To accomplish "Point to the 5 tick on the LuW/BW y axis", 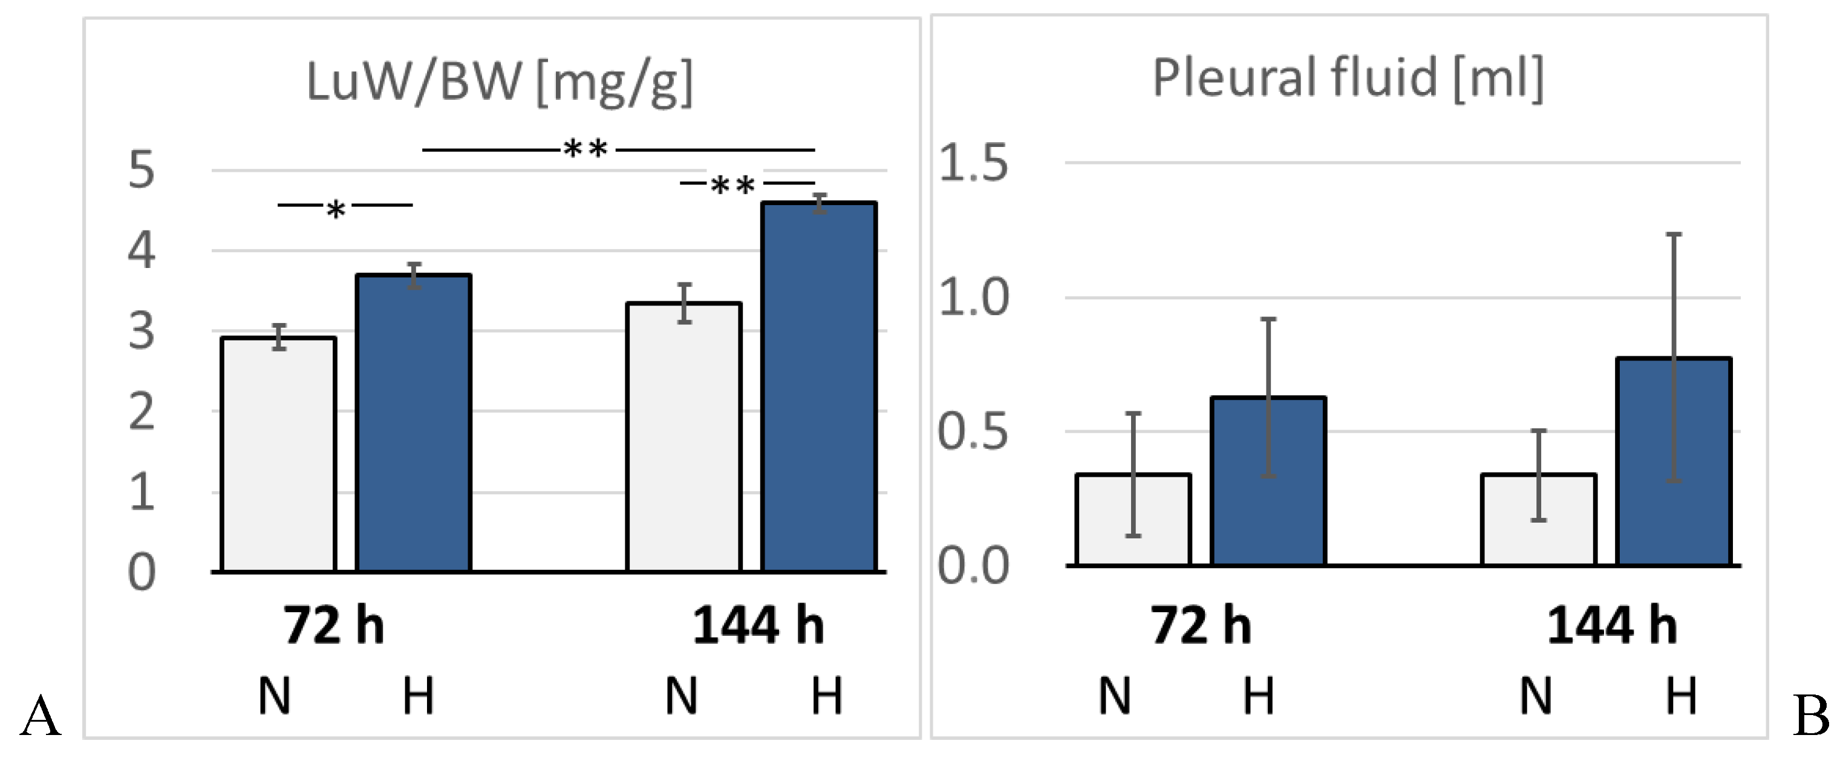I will pyautogui.click(x=142, y=171).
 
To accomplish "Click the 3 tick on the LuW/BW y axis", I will pyautogui.click(x=142, y=332).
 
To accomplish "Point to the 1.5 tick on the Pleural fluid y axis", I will pyautogui.click(x=973, y=163).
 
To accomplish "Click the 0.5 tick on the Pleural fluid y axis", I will pyautogui.click(x=973, y=433).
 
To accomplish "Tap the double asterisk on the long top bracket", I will pyautogui.click(x=586, y=149).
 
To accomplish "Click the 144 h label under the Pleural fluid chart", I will pyautogui.click(x=1611, y=626).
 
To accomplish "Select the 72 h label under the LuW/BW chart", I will pyautogui.click(x=333, y=626).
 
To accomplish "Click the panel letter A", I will pyautogui.click(x=40, y=716).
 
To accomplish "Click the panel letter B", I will pyautogui.click(x=1811, y=716).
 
